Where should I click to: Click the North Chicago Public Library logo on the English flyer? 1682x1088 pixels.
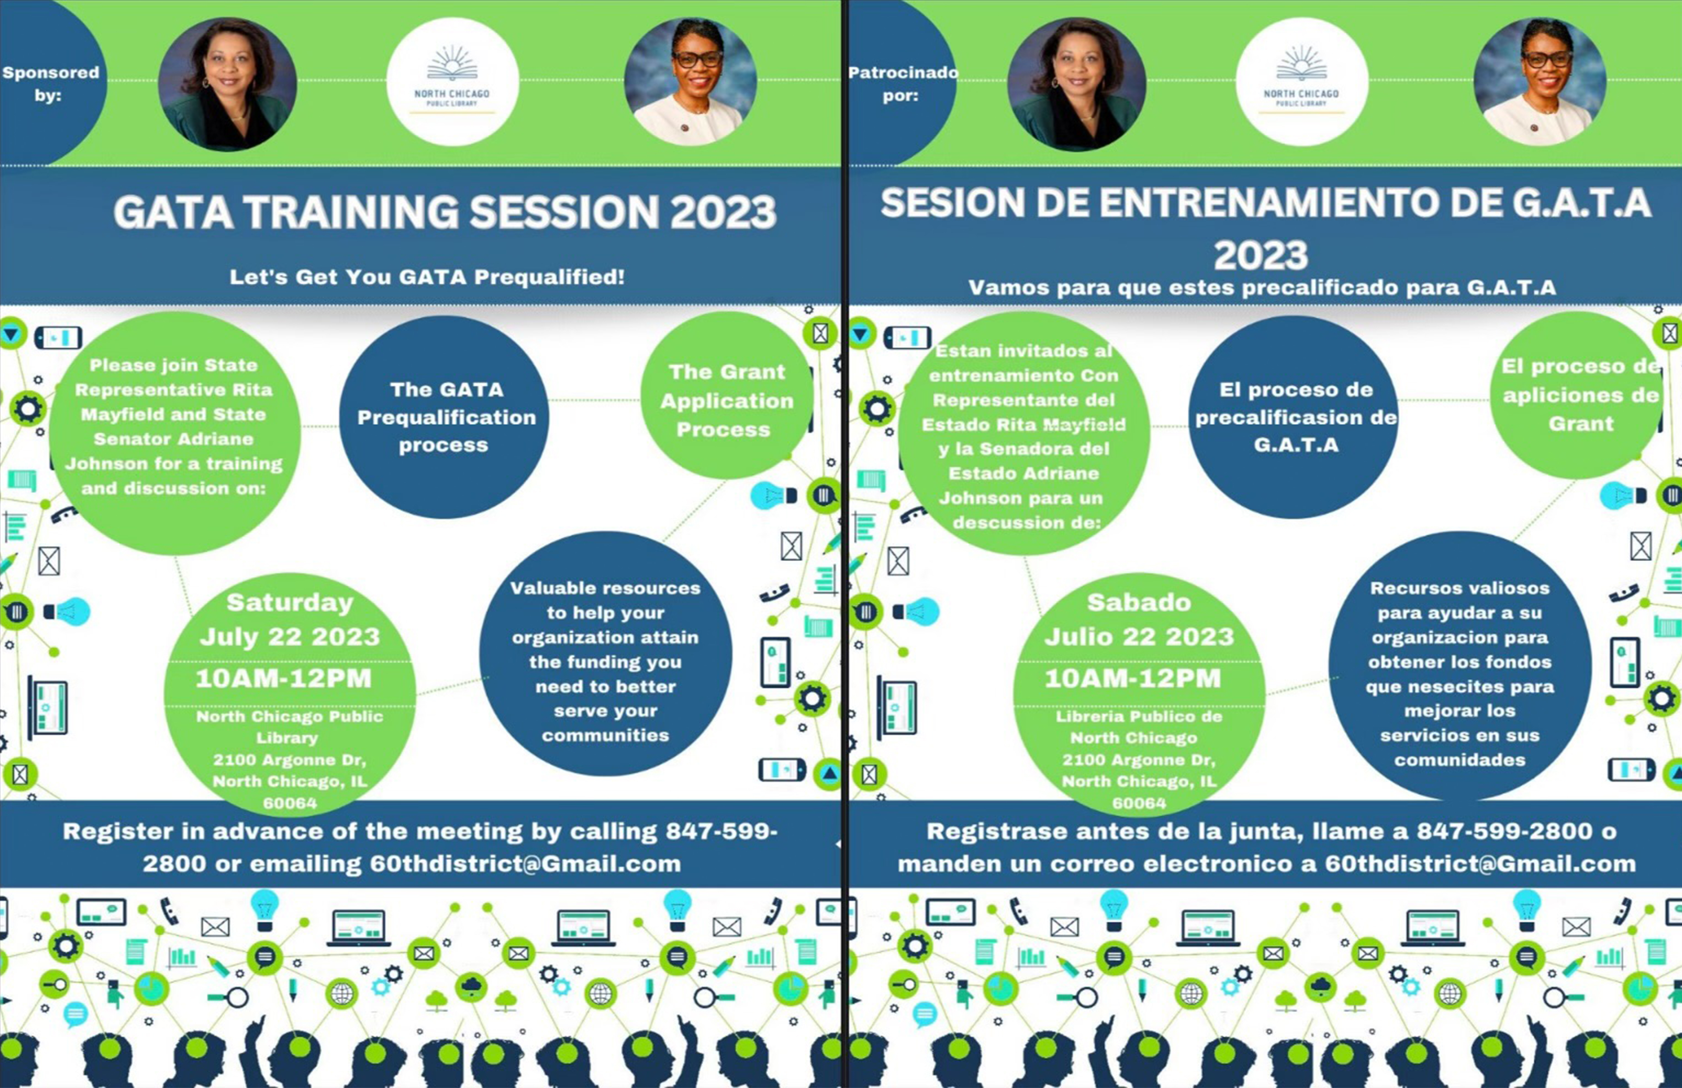coord(452,81)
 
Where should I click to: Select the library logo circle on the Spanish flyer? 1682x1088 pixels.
coord(1302,81)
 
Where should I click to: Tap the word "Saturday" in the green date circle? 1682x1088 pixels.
coord(290,603)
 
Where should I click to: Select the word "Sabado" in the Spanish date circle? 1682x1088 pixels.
coord(1138,603)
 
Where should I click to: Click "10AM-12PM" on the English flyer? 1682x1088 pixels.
coord(283,678)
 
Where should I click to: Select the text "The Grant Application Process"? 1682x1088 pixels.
coord(727,401)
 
